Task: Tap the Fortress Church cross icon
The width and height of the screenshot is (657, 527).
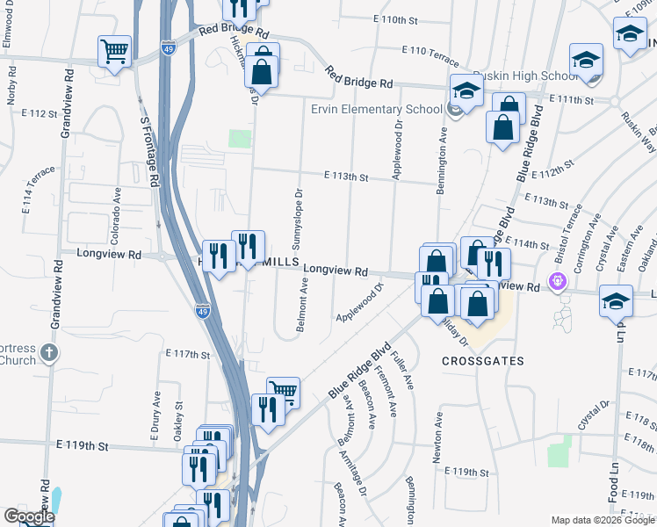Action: tap(49, 353)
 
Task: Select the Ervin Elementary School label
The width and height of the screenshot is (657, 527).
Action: tap(376, 109)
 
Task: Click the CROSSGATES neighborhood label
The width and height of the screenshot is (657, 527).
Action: tap(483, 361)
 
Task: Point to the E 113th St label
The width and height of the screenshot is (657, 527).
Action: tap(344, 177)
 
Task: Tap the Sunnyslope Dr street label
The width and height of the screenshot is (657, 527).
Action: tap(298, 216)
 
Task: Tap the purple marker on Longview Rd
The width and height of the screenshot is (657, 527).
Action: tap(556, 282)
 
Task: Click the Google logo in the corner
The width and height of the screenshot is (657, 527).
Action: tap(29, 516)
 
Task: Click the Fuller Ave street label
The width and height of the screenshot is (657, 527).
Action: tap(406, 371)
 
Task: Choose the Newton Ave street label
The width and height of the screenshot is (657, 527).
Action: tap(437, 430)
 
